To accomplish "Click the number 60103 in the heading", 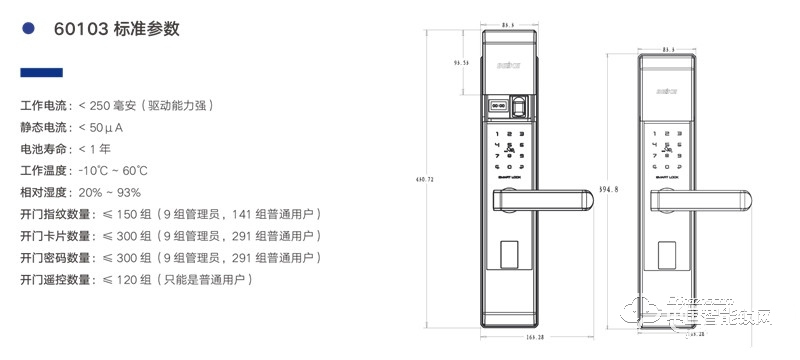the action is [78, 29].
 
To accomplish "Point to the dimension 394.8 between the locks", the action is [608, 188].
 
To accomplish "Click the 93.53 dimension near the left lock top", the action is [461, 63].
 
